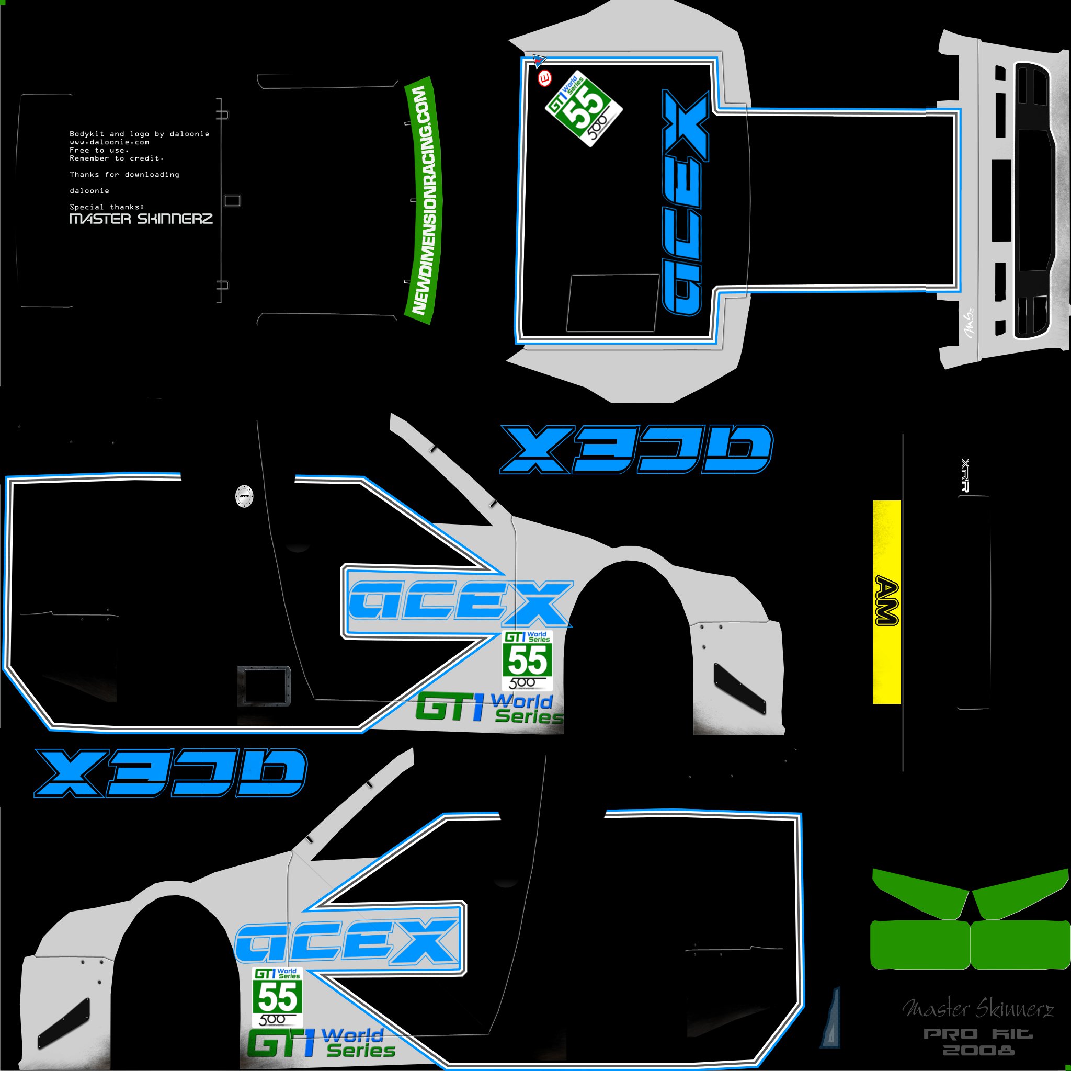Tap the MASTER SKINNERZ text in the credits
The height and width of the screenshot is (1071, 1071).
click(x=141, y=219)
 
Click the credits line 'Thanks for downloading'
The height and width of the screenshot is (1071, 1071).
click(x=124, y=175)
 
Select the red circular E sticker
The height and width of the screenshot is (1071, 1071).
click(x=545, y=78)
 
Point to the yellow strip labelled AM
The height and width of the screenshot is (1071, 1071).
click(x=886, y=602)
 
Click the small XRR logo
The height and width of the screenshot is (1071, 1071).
click(x=965, y=474)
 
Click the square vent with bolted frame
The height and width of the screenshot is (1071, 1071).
click(x=265, y=686)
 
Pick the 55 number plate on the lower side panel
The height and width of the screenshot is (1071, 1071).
click(x=277, y=997)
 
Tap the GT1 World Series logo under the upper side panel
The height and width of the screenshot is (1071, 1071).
click(x=489, y=708)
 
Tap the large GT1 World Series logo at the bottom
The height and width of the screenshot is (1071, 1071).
click(x=322, y=1043)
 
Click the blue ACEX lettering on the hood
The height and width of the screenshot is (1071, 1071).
click(x=685, y=202)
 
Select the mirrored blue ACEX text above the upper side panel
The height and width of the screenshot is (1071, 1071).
click(x=636, y=449)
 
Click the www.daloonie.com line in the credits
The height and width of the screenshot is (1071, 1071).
click(x=109, y=142)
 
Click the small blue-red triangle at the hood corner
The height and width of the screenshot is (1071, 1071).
click(x=539, y=60)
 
